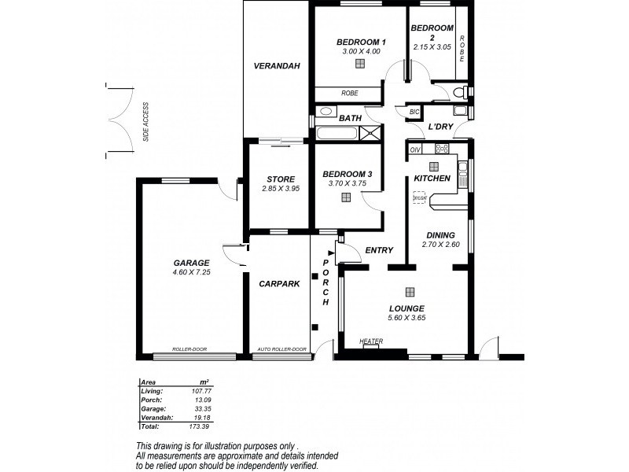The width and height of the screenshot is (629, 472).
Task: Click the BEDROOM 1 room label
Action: (361, 42)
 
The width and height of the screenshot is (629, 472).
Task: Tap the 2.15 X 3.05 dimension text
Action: (432, 46)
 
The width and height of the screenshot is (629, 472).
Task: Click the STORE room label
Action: (280, 179)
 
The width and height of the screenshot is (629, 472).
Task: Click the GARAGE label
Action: (191, 263)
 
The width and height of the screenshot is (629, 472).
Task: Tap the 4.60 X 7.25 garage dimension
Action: (191, 272)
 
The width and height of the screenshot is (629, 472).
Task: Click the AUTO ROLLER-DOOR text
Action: (281, 349)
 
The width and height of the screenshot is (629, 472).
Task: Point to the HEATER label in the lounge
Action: (370, 341)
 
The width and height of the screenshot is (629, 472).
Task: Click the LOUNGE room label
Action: (406, 308)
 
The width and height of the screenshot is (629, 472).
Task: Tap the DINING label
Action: (440, 234)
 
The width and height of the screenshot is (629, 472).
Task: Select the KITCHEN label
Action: (432, 179)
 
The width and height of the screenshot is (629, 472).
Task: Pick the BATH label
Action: (350, 119)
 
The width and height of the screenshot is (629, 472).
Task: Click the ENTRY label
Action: (379, 250)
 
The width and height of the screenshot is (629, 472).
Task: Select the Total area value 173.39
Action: (198, 426)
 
